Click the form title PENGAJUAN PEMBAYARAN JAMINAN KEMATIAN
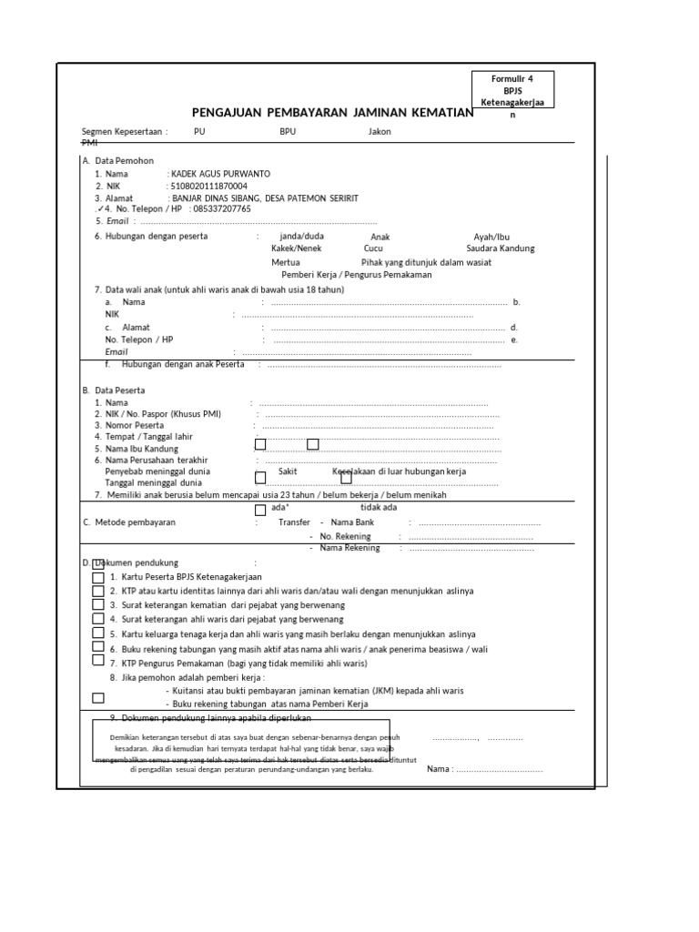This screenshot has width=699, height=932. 333,112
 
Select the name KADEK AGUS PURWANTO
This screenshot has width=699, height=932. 220,173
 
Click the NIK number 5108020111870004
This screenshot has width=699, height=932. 208,186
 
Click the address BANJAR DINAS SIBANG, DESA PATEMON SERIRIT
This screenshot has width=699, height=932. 264,198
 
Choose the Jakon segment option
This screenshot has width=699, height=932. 380,131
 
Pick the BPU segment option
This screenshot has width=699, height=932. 288,131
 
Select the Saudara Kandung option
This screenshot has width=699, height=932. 501,248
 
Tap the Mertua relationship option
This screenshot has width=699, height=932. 286,261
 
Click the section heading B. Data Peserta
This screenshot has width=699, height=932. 114,390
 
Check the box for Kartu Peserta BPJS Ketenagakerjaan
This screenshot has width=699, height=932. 98,578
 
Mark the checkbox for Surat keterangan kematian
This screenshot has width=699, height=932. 98,605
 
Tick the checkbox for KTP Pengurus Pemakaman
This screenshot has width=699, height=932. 98,662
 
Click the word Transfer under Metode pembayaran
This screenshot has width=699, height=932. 294,522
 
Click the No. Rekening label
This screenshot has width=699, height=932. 345,536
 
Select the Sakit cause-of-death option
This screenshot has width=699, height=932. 288,472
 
